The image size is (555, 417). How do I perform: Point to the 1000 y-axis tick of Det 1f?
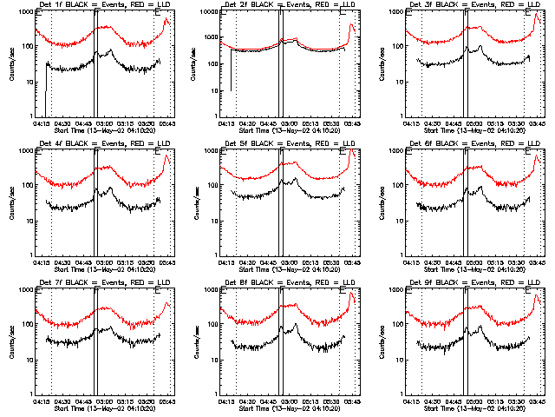26,12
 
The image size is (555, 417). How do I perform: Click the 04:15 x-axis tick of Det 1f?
41,122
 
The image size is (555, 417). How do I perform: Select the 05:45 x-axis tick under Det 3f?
536,122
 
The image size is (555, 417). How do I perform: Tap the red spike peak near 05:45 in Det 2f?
351,25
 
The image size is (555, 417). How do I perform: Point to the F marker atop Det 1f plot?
96,14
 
